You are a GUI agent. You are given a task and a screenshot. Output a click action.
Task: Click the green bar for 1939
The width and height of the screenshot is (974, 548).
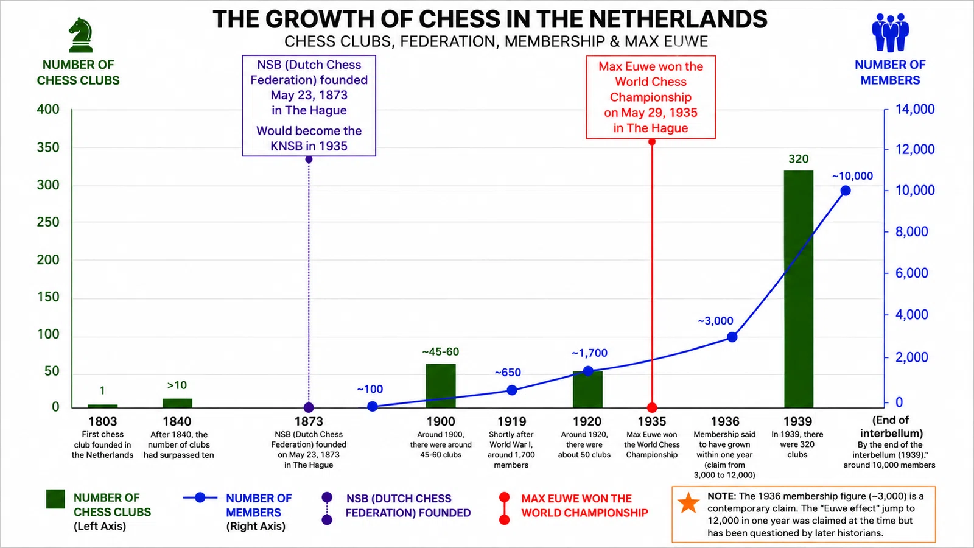(798, 289)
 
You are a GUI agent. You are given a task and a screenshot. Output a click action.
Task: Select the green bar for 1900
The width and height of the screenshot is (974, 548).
(441, 386)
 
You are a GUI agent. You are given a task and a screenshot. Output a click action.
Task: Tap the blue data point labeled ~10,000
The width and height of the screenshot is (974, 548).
(846, 191)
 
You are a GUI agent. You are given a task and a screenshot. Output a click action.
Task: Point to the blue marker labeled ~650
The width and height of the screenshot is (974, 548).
(512, 390)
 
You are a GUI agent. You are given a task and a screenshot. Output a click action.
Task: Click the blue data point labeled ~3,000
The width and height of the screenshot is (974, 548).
(732, 337)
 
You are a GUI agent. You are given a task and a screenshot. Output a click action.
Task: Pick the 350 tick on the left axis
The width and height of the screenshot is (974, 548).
(48, 147)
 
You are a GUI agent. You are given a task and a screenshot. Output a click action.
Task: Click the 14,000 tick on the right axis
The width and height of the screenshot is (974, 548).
(915, 109)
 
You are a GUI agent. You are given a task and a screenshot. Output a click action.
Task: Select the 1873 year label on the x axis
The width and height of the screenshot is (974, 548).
(309, 421)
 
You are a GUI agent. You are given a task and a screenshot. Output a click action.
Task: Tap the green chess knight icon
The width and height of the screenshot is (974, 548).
(80, 35)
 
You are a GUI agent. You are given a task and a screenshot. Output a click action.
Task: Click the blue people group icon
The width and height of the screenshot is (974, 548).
(890, 33)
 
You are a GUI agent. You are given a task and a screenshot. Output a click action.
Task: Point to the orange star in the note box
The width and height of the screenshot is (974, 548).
(688, 503)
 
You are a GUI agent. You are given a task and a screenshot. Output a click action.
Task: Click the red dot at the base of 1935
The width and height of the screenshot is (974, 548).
(652, 407)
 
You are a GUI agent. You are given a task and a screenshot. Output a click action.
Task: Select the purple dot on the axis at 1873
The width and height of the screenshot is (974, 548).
(309, 407)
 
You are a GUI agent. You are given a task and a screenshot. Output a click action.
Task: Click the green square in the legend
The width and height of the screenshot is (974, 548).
(55, 499)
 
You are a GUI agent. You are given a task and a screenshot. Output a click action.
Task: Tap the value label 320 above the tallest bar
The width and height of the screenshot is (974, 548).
(798, 159)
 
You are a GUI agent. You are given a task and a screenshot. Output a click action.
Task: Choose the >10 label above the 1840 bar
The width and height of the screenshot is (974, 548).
(177, 385)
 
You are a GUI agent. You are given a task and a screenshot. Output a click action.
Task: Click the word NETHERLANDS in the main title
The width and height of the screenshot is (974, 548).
(678, 19)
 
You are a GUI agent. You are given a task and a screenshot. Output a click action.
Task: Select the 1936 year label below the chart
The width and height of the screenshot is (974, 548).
(725, 421)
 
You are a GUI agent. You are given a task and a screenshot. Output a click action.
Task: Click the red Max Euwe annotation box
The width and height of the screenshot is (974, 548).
(651, 97)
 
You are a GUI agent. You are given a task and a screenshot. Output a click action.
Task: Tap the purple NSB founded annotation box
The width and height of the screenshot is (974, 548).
(309, 106)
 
